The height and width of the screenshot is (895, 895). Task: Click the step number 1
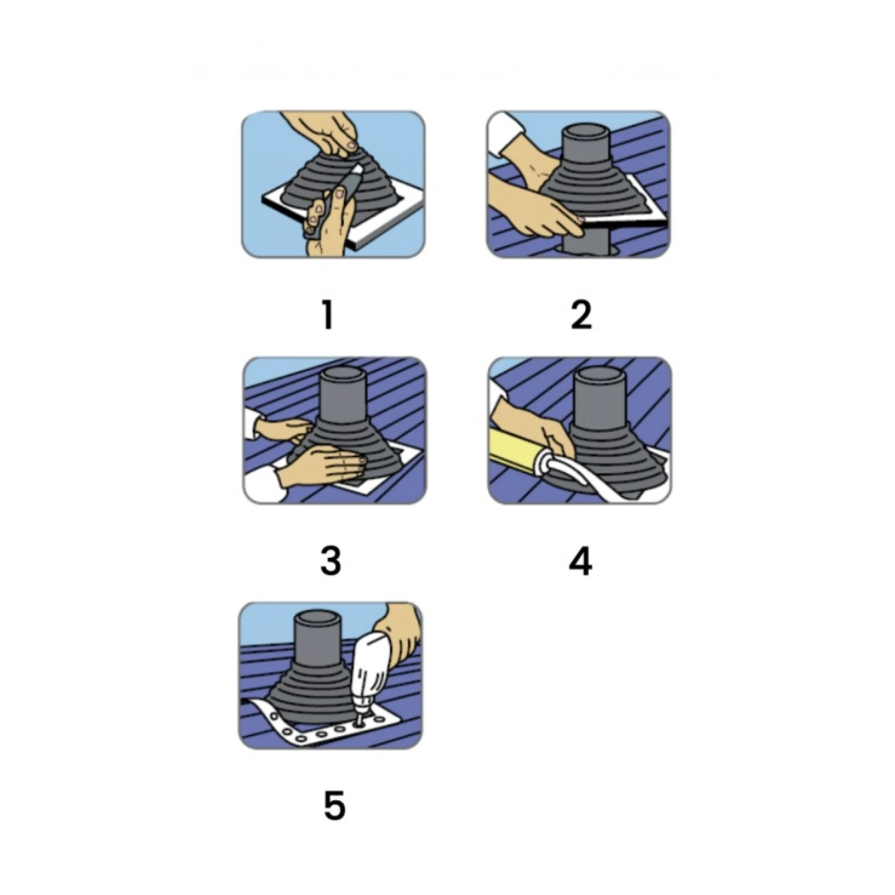(x=328, y=314)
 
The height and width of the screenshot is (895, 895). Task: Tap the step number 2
(x=581, y=314)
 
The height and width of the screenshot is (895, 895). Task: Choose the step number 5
(x=335, y=806)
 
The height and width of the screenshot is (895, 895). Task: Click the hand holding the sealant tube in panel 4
(x=533, y=424)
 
